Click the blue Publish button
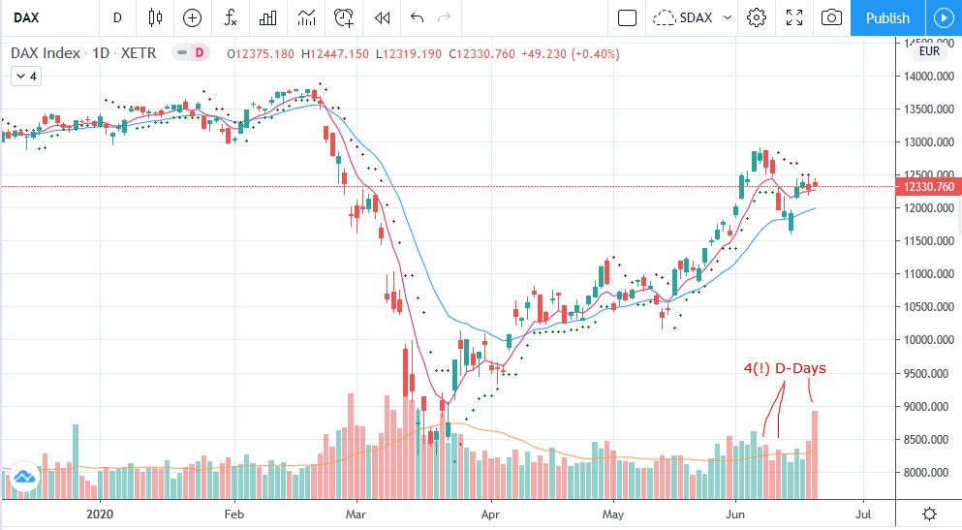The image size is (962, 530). pos(887,17)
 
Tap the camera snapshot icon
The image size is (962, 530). pos(831,17)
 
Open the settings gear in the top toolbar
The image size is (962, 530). pos(757,17)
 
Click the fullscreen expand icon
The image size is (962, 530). pos(794,17)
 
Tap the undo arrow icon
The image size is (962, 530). pos(418,17)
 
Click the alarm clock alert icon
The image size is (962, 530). pos(344,17)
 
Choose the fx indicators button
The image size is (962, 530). pos(231,17)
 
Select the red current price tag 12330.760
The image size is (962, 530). pos(929,186)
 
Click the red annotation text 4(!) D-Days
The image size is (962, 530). pos(785,368)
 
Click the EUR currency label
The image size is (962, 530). pos(929,51)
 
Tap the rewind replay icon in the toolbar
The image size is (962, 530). pos(382,17)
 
